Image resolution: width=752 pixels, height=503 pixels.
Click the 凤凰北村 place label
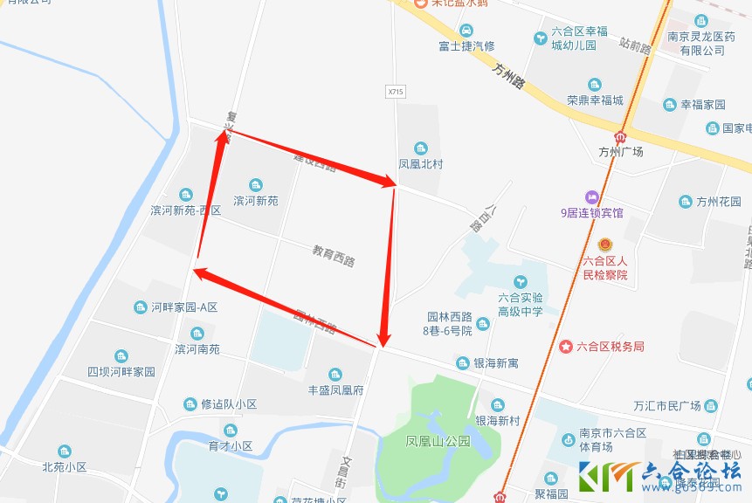point(421,163)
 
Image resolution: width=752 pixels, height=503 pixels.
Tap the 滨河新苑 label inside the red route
point(255,201)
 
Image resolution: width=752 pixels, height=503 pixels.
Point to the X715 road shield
point(396,91)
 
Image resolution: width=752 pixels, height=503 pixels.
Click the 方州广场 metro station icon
point(621,136)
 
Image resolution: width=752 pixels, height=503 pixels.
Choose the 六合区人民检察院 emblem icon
point(605,244)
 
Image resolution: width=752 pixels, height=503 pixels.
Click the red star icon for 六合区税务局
point(567,347)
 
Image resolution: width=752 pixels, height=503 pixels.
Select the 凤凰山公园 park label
point(438,442)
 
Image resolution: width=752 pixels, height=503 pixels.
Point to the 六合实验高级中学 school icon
point(521,281)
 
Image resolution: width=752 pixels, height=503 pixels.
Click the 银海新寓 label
point(495,363)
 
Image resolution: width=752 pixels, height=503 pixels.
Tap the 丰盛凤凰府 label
point(335,390)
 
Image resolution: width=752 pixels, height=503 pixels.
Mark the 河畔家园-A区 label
point(183,307)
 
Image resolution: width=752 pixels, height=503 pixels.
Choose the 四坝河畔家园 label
point(121,371)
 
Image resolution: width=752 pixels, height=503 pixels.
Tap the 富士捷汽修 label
point(466,45)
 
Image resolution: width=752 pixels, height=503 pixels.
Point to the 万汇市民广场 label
point(667,406)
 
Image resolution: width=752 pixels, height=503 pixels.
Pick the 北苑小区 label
point(65,467)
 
